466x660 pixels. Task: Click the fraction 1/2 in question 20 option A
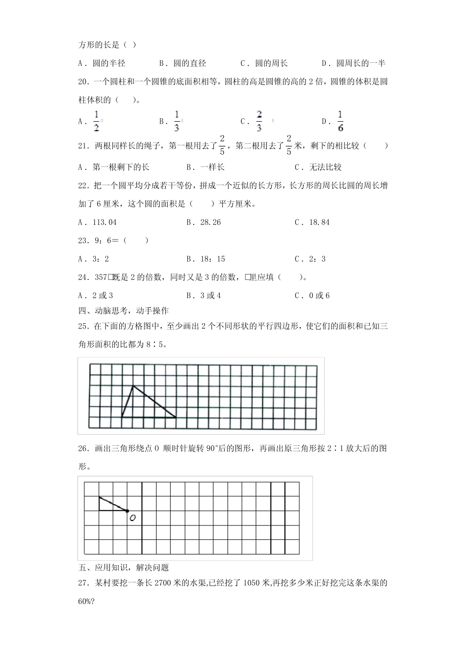pos(97,121)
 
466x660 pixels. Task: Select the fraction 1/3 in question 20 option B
pos(177,121)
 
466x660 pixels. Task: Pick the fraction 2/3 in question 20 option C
pos(259,121)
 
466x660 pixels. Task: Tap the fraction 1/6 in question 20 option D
pos(340,121)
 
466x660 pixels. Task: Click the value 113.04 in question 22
pos(104,222)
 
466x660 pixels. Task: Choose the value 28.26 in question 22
pos(210,222)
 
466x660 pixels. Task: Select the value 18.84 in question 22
pos(319,222)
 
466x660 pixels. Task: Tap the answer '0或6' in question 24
pos(319,295)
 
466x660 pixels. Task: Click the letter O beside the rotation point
pos(132,518)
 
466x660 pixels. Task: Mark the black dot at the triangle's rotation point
pos(128,511)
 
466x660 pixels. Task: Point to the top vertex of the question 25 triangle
pos(133,386)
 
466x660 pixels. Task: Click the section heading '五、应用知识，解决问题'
pos(124,568)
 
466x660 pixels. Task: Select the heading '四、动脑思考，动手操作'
pos(124,310)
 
